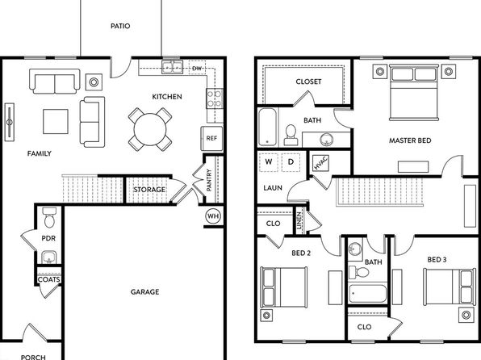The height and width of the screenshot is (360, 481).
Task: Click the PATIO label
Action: (x=120, y=26)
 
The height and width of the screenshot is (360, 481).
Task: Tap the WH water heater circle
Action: (x=213, y=216)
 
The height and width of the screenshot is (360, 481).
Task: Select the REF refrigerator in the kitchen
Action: (x=211, y=138)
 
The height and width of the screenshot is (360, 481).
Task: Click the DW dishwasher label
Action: (x=197, y=68)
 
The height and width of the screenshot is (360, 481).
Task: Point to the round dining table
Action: (x=150, y=129)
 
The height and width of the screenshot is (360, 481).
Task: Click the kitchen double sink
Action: (x=173, y=67)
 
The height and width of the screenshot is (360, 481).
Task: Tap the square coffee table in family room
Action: (x=56, y=122)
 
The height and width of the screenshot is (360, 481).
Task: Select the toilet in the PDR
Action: (x=49, y=218)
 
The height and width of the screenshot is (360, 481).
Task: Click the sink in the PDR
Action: (x=48, y=257)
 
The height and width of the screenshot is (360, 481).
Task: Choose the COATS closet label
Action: (x=48, y=279)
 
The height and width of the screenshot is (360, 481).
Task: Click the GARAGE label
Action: (x=144, y=292)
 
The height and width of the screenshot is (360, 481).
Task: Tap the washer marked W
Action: (x=269, y=162)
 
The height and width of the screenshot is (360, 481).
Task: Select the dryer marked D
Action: (x=291, y=162)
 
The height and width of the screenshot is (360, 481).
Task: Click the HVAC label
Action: (x=321, y=163)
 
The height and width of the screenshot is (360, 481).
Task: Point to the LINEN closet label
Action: (x=299, y=220)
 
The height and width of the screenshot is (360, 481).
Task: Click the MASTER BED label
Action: (x=410, y=140)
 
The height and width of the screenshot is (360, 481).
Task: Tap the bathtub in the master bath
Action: (x=268, y=127)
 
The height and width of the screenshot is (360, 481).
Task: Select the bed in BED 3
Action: (x=450, y=287)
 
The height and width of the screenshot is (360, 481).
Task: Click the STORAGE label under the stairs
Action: (x=149, y=190)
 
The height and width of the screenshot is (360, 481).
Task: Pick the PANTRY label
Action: (x=209, y=180)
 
